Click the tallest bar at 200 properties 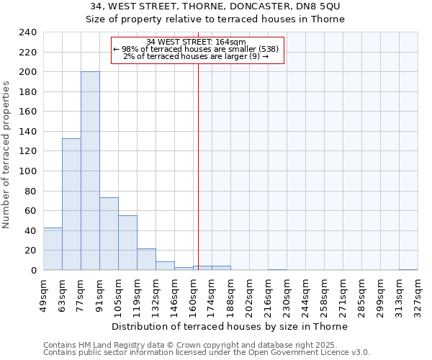click(90, 171)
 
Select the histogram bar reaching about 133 click(71, 204)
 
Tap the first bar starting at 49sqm click(53, 249)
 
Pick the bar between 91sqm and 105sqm click(109, 234)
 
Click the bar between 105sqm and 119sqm click(127, 243)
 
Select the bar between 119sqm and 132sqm click(146, 259)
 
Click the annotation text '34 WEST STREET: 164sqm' click(196, 42)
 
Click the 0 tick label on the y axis click(33, 271)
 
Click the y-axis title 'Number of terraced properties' click(6, 154)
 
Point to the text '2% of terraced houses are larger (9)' click(196, 56)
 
